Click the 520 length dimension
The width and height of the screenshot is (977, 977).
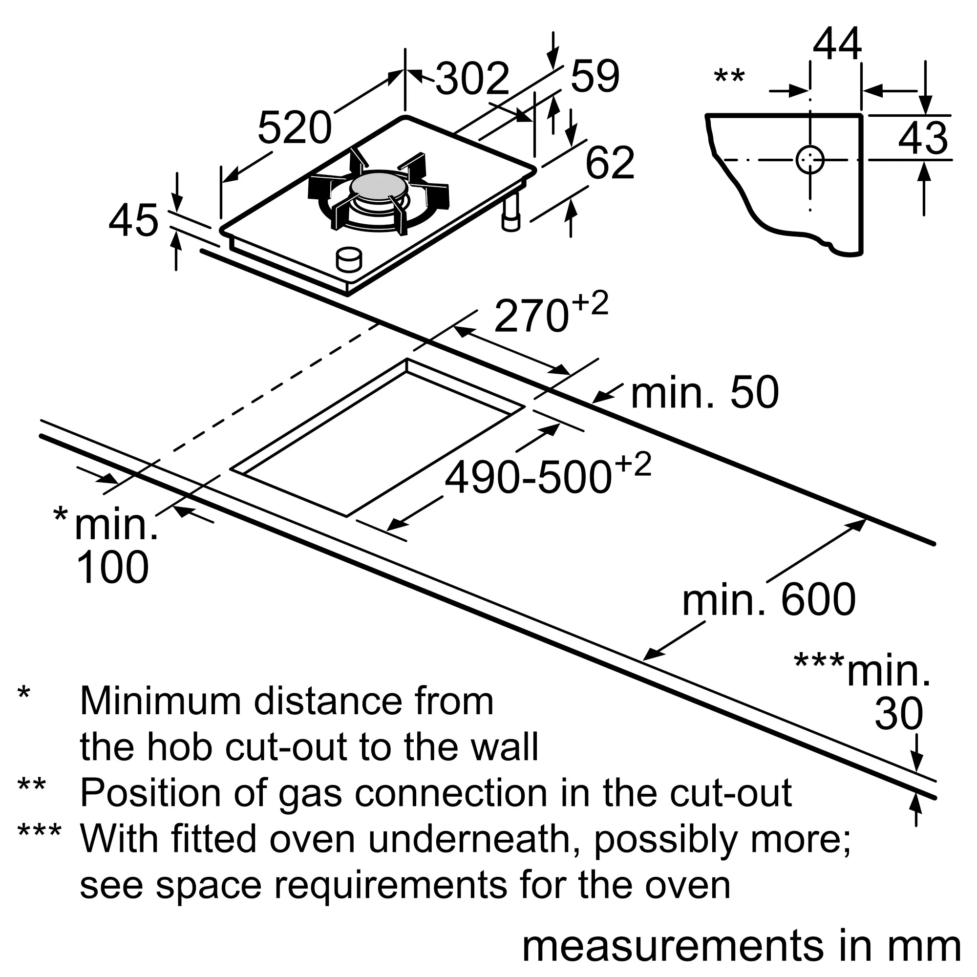click(294, 127)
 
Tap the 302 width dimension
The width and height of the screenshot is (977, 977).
click(472, 78)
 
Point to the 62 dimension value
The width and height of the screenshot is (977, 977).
click(609, 163)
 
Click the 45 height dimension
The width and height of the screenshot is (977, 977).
click(133, 220)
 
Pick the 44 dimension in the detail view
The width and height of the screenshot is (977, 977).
click(837, 44)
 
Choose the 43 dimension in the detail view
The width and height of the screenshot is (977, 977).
click(923, 138)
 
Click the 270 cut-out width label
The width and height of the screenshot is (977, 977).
click(531, 316)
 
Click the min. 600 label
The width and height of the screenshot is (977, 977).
click(768, 599)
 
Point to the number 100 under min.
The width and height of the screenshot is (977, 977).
click(112, 567)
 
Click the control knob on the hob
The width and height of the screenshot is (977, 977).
click(349, 260)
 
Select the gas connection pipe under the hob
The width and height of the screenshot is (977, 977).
click(511, 212)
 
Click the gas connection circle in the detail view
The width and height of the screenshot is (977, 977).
click(809, 160)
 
